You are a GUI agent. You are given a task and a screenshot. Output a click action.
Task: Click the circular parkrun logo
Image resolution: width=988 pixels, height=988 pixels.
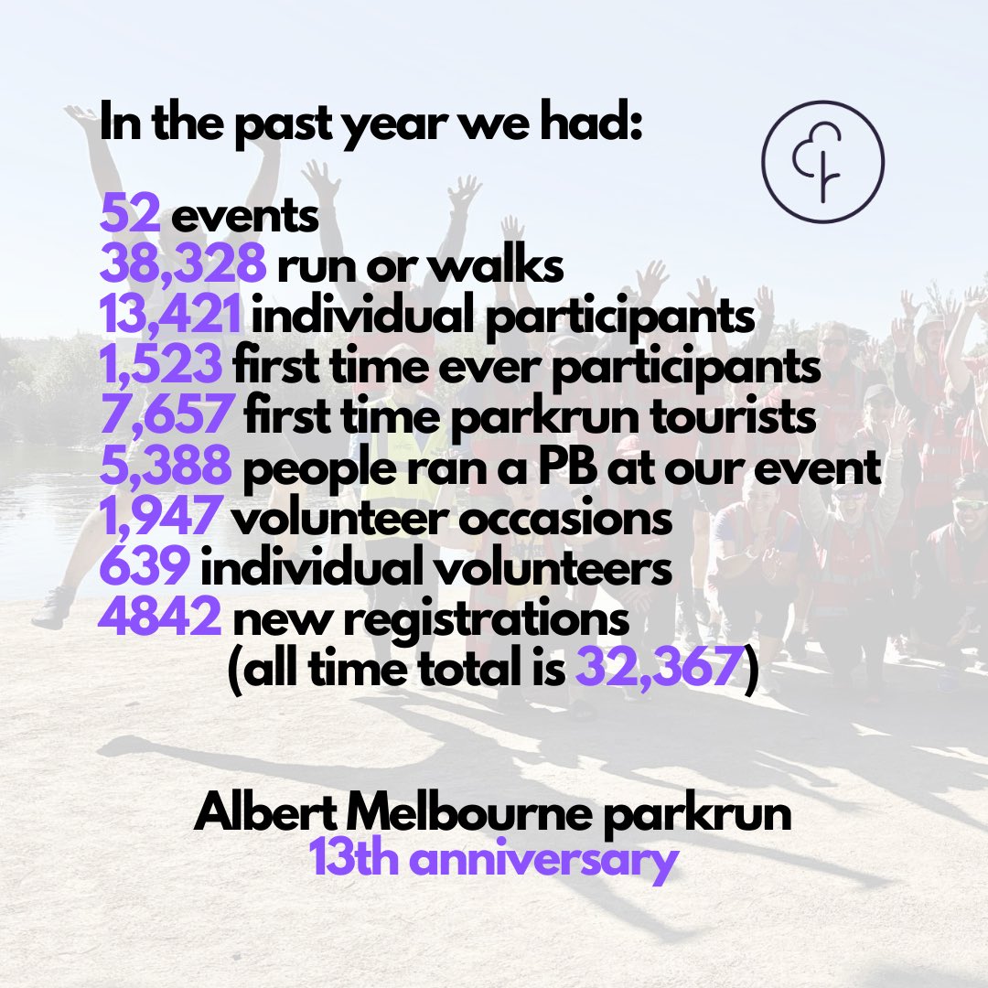point(822,162)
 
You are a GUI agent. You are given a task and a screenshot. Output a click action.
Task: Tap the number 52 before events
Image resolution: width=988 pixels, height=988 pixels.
point(132,218)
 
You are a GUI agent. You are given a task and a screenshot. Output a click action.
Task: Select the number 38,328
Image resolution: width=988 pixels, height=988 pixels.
point(183,267)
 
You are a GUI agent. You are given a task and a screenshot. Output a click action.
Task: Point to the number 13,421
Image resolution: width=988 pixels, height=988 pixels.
point(171,317)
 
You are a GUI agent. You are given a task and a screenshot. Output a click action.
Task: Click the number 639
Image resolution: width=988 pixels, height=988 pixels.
point(145,568)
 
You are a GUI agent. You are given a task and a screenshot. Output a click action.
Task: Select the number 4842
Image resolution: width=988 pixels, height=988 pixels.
point(160,618)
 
